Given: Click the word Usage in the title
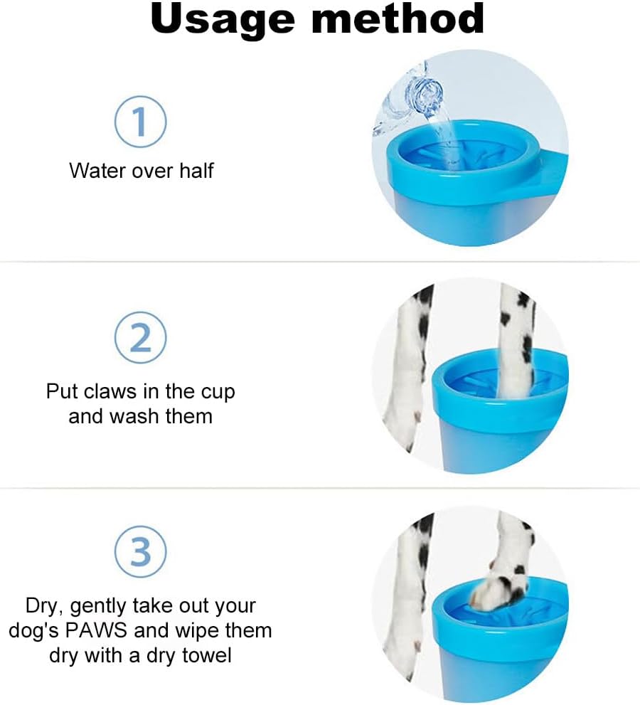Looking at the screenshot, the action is tap(223, 20).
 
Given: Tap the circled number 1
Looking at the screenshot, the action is tap(140, 122).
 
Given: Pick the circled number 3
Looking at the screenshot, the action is tap(140, 552).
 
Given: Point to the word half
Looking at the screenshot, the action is tap(196, 171).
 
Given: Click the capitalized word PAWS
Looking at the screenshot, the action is tap(96, 630).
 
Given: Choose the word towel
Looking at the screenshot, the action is tap(207, 655).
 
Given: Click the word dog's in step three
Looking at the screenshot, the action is tap(33, 630).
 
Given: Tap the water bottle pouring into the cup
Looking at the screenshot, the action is tap(409, 99).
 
